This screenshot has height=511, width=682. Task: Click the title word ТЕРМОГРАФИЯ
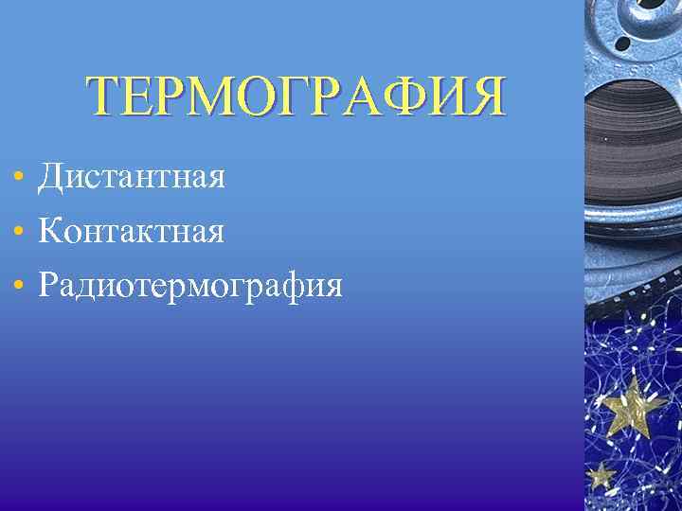tap(296, 97)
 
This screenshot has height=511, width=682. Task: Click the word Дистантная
tap(132, 176)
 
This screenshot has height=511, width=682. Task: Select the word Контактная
tap(132, 230)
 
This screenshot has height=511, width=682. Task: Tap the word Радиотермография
tap(190, 285)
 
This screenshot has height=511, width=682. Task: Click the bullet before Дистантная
tap(18, 178)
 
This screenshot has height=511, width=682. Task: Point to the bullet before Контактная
tap(18, 232)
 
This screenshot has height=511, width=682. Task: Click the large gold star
tap(633, 407)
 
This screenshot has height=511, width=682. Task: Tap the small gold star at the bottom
tap(601, 473)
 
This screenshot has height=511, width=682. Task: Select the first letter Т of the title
tap(105, 97)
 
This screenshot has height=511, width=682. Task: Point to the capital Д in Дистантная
tap(51, 176)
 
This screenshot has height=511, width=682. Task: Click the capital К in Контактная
tap(50, 230)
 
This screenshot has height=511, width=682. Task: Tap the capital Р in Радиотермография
tap(48, 285)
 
